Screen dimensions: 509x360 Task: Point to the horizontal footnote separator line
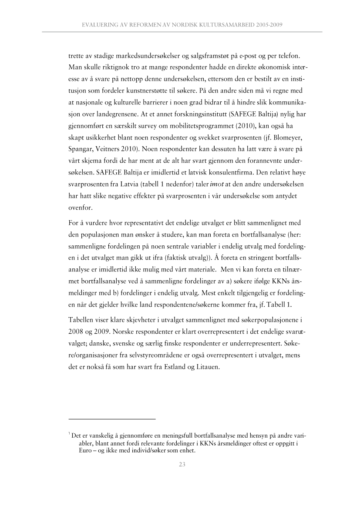(x=112, y=419)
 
